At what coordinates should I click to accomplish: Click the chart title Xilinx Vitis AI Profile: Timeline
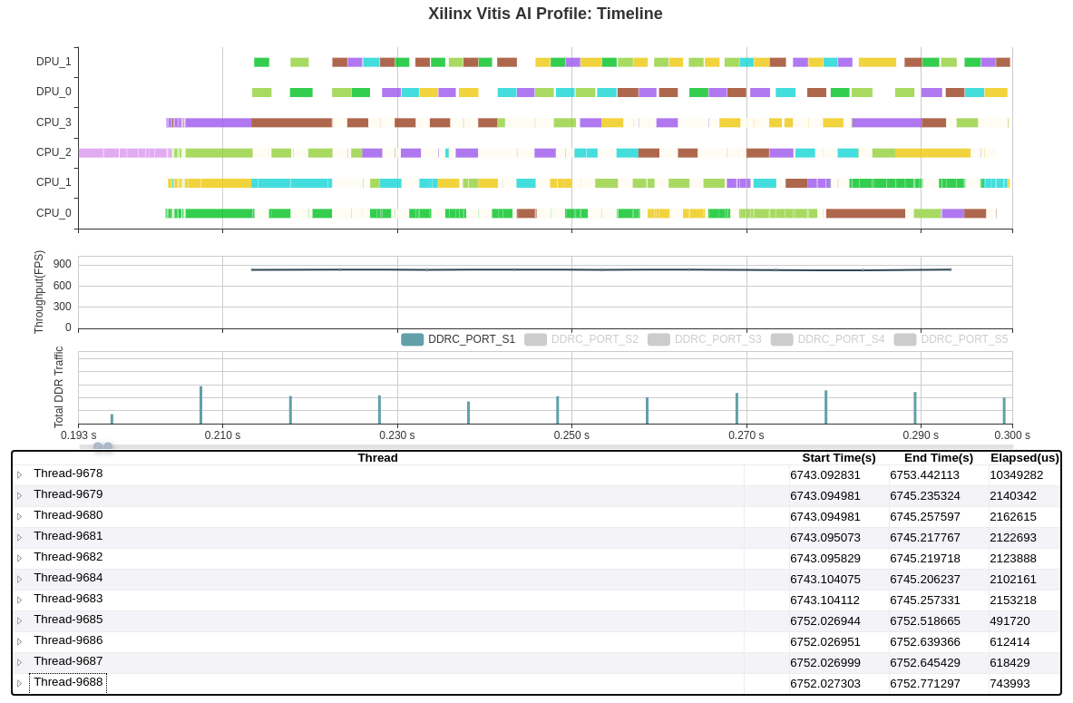click(x=545, y=14)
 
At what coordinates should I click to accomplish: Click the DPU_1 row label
click(x=54, y=62)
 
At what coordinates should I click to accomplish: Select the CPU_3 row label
click(x=54, y=122)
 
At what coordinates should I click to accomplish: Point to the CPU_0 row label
click(x=54, y=213)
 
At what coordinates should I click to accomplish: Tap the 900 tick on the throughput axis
click(x=62, y=264)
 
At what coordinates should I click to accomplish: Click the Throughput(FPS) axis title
click(x=39, y=292)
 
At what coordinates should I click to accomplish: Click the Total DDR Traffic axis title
click(x=59, y=387)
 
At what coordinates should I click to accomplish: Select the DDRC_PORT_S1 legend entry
click(x=459, y=339)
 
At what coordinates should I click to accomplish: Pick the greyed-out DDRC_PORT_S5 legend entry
click(x=951, y=339)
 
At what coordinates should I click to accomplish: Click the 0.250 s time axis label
click(x=571, y=435)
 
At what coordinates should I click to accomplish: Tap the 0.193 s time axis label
click(x=79, y=435)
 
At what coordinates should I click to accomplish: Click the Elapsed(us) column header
click(x=1024, y=458)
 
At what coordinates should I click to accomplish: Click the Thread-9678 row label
click(x=68, y=474)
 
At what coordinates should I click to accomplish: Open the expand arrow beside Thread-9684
click(x=19, y=579)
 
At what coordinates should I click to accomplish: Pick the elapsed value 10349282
click(x=1016, y=474)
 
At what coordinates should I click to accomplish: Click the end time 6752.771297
click(x=924, y=683)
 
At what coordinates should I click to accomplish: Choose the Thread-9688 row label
click(x=68, y=682)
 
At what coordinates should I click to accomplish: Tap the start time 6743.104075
click(x=824, y=579)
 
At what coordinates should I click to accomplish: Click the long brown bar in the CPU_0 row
click(x=865, y=214)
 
